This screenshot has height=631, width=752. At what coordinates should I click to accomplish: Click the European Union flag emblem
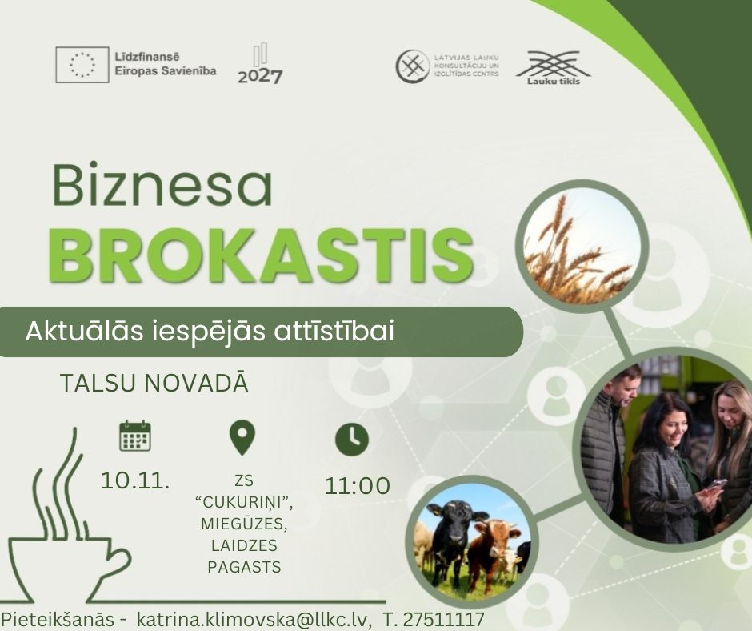(82, 65)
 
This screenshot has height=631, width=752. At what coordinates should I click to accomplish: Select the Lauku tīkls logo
(554, 68)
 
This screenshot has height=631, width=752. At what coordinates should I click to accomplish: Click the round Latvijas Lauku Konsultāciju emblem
(413, 66)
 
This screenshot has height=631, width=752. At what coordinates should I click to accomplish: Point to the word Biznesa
(162, 185)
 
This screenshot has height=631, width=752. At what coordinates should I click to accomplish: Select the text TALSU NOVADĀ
(154, 383)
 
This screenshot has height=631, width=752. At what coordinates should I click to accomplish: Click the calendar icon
(135, 436)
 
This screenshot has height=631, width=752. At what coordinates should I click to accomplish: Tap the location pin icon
(242, 437)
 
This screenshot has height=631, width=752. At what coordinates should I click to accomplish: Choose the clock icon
(352, 440)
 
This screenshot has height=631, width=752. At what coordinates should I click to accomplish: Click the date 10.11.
(135, 480)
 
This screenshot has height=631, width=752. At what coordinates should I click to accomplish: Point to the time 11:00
(358, 485)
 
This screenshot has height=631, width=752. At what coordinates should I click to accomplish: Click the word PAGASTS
(244, 567)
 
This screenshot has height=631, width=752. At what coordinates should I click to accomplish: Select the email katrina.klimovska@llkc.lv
(254, 619)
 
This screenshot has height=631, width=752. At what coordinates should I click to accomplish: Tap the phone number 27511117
(443, 619)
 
